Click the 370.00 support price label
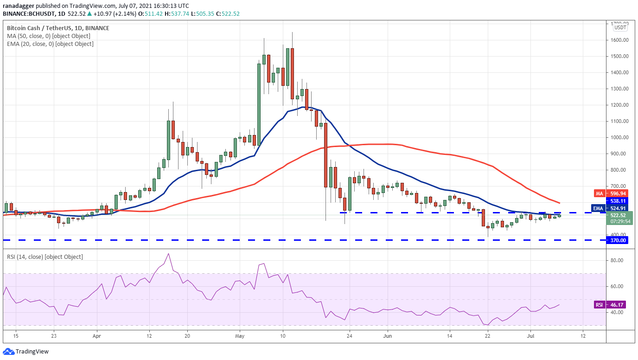point(618,240)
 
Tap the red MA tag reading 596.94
point(618,193)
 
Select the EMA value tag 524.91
point(618,208)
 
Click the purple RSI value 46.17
point(617,305)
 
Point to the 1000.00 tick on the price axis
point(617,137)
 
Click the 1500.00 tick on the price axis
point(617,56)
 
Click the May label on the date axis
point(240,336)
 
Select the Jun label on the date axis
point(387,336)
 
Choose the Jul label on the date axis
point(530,336)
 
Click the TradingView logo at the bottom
point(26,352)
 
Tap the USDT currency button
point(620,27)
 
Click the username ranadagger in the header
point(19,6)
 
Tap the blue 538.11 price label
point(618,201)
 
